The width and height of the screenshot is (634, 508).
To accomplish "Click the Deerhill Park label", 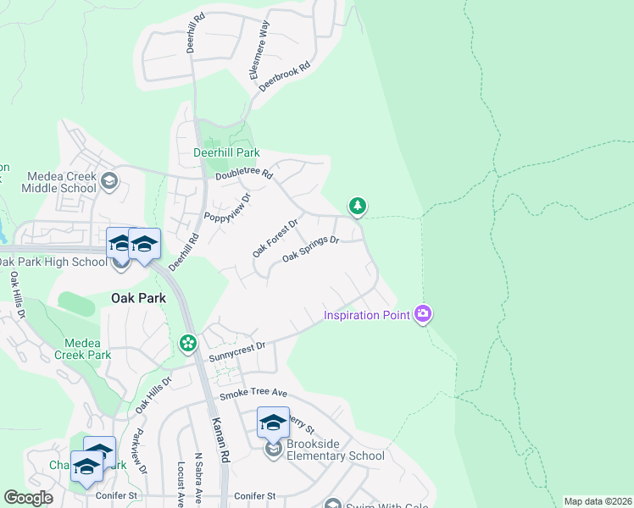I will (x=225, y=153).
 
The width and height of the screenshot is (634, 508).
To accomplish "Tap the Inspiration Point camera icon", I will (x=423, y=315).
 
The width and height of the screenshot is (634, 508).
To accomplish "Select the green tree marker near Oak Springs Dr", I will (x=358, y=206).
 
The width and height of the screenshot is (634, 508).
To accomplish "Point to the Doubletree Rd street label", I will (x=243, y=174).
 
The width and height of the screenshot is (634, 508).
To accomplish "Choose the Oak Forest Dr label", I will (x=275, y=239).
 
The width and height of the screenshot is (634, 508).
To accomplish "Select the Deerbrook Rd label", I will (x=286, y=76).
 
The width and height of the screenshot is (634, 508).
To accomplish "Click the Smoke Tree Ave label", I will (x=253, y=395).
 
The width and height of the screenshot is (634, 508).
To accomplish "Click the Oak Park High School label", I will (x=53, y=262).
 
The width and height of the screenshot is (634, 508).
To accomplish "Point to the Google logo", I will (x=28, y=498).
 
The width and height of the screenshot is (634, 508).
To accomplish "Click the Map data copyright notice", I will (x=598, y=501).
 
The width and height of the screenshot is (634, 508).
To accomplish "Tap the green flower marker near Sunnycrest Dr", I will (x=187, y=344).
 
